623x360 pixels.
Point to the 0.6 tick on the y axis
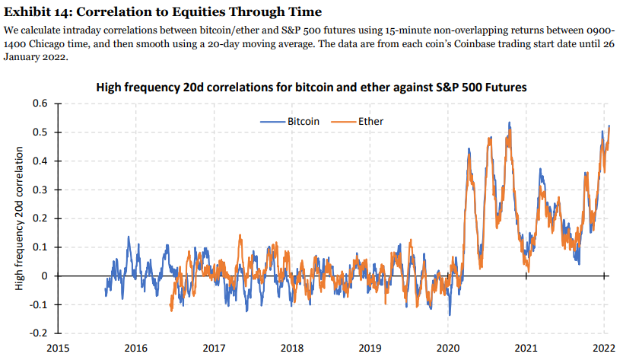[x=40, y=103]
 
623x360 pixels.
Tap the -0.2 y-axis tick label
[x=39, y=334]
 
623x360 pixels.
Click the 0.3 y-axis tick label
[x=40, y=190]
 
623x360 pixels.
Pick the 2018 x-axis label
[x=292, y=349]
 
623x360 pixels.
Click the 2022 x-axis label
[x=605, y=349]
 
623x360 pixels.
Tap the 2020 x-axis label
[x=449, y=349]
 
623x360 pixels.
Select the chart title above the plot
[x=311, y=88]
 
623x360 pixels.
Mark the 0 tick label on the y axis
[x=45, y=276]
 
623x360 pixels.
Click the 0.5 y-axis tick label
[x=40, y=132]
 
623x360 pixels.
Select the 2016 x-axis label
[x=135, y=349]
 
